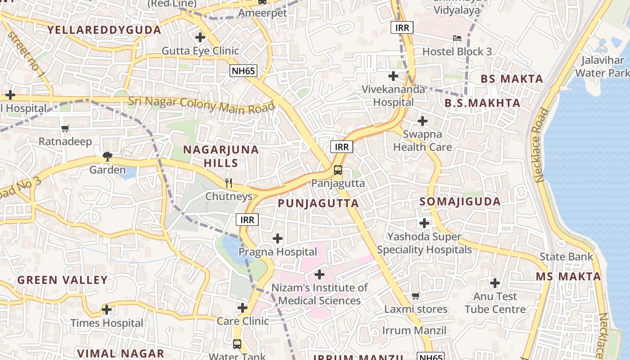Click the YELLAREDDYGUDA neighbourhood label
[104, 30]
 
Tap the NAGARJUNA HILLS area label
[221, 156]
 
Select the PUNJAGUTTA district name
[318, 203]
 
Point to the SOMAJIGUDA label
[460, 202]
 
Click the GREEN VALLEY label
[63, 280]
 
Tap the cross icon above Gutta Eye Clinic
[200, 37]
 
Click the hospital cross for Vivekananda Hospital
[393, 76]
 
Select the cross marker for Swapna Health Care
[422, 121]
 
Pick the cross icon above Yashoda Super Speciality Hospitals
[424, 223]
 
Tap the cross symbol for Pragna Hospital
[278, 238]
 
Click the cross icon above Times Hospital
[107, 310]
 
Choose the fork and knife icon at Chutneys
[229, 183]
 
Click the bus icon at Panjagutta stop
[338, 170]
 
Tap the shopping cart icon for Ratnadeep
[65, 129]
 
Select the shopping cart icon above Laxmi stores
[415, 296]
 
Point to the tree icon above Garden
[107, 157]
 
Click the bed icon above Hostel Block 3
[457, 38]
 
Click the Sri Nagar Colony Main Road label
[201, 104]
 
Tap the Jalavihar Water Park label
[602, 66]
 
